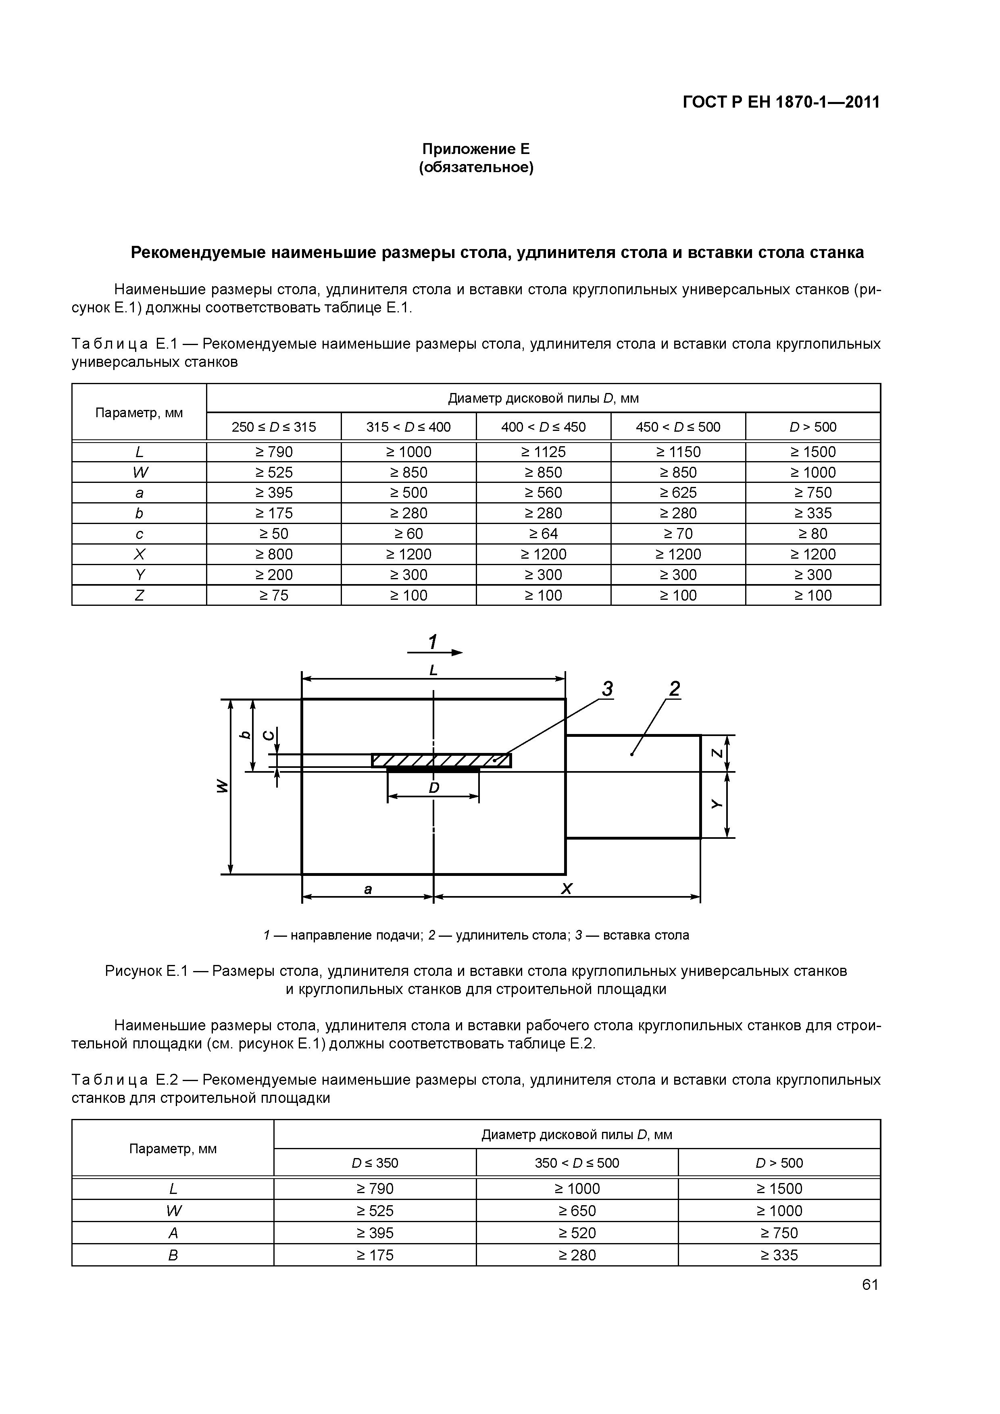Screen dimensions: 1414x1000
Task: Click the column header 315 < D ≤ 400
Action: click(x=408, y=427)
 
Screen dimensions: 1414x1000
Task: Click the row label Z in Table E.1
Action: click(x=139, y=595)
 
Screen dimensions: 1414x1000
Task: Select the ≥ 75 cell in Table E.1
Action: click(x=273, y=595)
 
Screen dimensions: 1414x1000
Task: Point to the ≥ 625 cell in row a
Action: click(x=678, y=493)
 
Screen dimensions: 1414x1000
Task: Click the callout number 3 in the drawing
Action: click(x=608, y=689)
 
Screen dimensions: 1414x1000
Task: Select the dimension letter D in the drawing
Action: click(x=434, y=788)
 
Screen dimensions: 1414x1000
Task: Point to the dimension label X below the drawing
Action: click(x=566, y=889)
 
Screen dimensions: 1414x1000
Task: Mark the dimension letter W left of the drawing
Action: click(x=223, y=786)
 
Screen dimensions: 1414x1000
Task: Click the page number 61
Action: click(x=869, y=1285)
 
